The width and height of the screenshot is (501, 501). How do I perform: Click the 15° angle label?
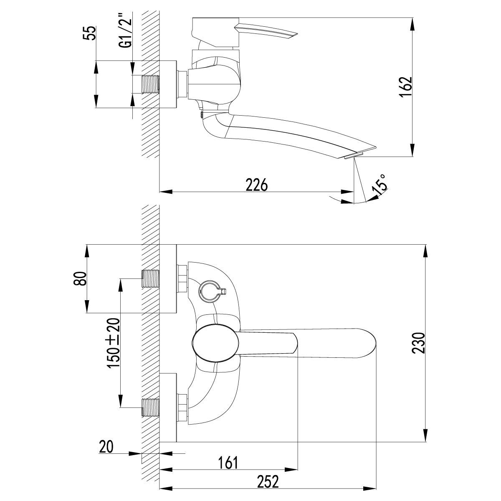380,185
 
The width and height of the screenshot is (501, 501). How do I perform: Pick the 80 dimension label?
80,279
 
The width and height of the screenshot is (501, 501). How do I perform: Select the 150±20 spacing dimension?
114,343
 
